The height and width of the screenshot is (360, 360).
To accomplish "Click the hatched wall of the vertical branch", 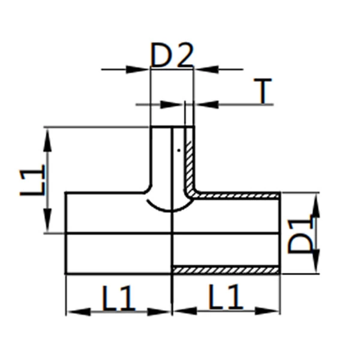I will click(190, 162).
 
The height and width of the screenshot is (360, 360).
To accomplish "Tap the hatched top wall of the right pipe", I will click(240, 196).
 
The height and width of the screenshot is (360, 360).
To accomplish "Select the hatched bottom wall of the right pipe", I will click(226, 270).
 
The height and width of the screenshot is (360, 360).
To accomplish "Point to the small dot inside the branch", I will click(179, 150).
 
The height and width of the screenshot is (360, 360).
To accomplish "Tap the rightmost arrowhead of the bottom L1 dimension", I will click(272, 311).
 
